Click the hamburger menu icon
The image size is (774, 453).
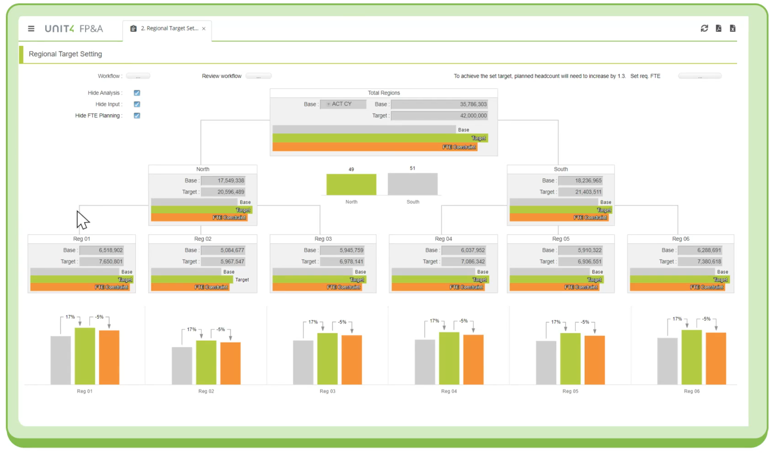(31, 29)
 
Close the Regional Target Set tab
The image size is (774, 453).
(204, 29)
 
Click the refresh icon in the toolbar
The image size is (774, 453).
(704, 28)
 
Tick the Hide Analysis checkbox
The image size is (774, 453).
(137, 93)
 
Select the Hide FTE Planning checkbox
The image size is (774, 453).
(137, 116)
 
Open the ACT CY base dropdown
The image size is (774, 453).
(343, 104)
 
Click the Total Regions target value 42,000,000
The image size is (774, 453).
(439, 116)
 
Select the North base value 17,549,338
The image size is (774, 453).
(223, 181)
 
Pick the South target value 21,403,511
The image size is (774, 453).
(580, 192)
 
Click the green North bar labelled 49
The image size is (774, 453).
(351, 184)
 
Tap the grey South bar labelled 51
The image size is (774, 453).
(413, 184)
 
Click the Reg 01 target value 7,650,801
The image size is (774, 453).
(102, 262)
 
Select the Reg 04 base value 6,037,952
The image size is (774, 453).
(464, 250)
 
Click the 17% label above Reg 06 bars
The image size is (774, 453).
(677, 319)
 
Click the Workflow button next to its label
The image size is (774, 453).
(138, 76)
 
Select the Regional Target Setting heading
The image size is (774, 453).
(65, 54)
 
